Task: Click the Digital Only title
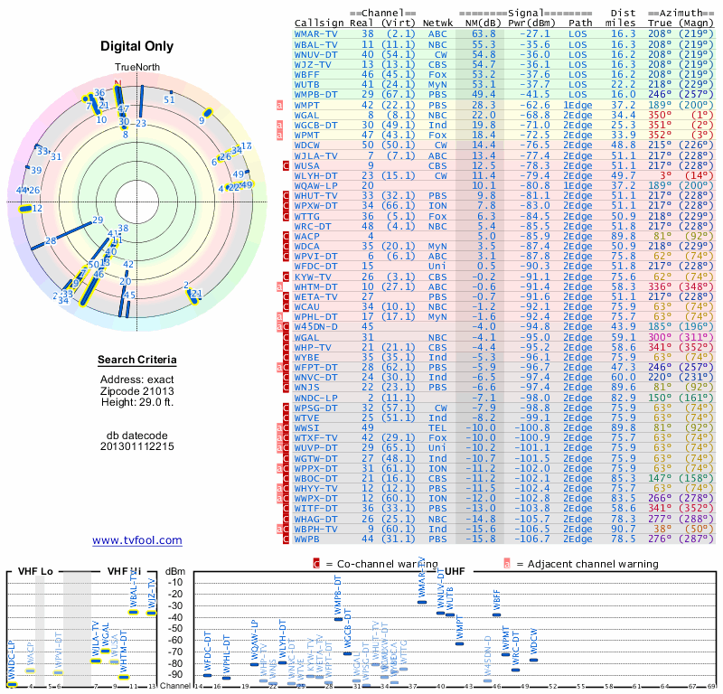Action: tap(137, 46)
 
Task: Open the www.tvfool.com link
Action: tap(137, 540)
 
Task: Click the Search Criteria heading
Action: tap(137, 361)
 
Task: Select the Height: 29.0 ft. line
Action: tap(137, 403)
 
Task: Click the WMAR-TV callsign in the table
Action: tap(317, 33)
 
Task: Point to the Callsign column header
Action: tap(319, 23)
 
